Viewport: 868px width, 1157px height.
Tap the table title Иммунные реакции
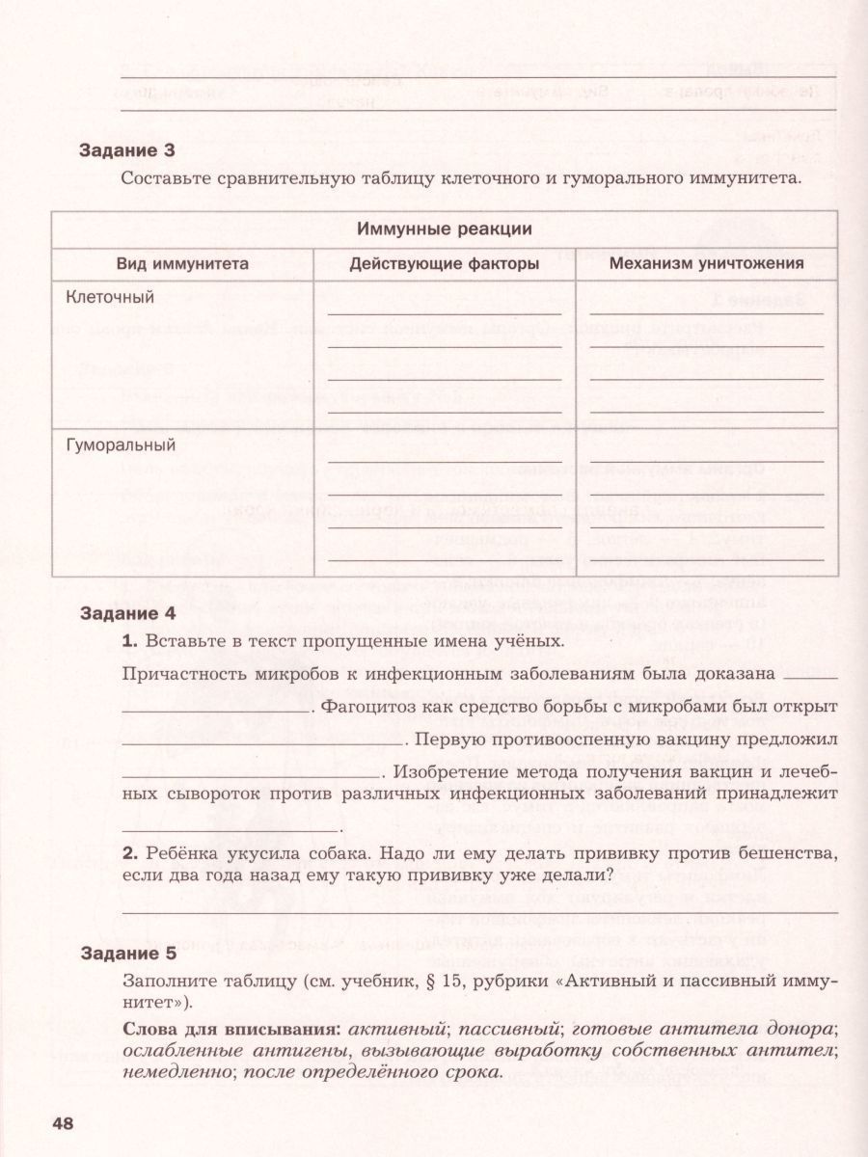(x=445, y=229)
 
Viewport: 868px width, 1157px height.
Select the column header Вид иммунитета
(x=183, y=263)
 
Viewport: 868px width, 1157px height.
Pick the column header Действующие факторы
(x=445, y=263)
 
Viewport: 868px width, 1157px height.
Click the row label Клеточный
(x=109, y=297)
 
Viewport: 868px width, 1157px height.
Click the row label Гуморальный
(x=120, y=445)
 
